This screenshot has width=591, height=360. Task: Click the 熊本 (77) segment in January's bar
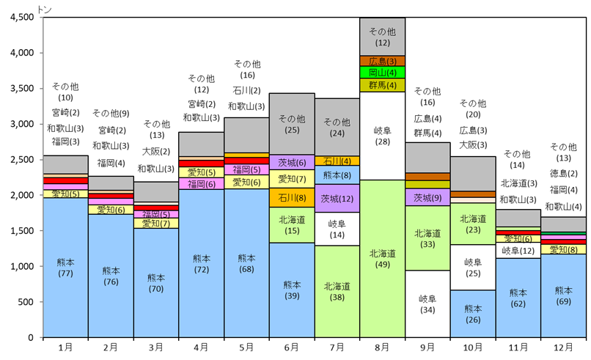tap(66, 267)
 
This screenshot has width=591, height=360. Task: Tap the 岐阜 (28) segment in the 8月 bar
tap(382, 136)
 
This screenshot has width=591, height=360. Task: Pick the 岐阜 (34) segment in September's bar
tap(427, 304)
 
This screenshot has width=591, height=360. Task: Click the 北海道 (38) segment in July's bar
tap(337, 292)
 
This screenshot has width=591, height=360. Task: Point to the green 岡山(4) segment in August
tap(382, 73)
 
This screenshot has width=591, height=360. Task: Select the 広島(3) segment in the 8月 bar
tap(382, 61)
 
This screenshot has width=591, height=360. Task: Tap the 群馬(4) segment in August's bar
tap(382, 85)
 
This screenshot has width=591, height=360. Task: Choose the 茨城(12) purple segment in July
tap(337, 199)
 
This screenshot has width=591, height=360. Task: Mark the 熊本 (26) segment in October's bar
tap(473, 314)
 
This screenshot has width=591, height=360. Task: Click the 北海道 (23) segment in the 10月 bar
tap(473, 224)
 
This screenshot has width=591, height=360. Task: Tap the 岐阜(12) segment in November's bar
tap(518, 251)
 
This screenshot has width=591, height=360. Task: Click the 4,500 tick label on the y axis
tap(21, 18)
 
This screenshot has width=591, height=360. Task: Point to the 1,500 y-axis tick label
tap(21, 230)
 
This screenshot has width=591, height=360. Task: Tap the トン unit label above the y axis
tap(43, 7)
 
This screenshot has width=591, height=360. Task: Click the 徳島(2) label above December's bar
tap(563, 174)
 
